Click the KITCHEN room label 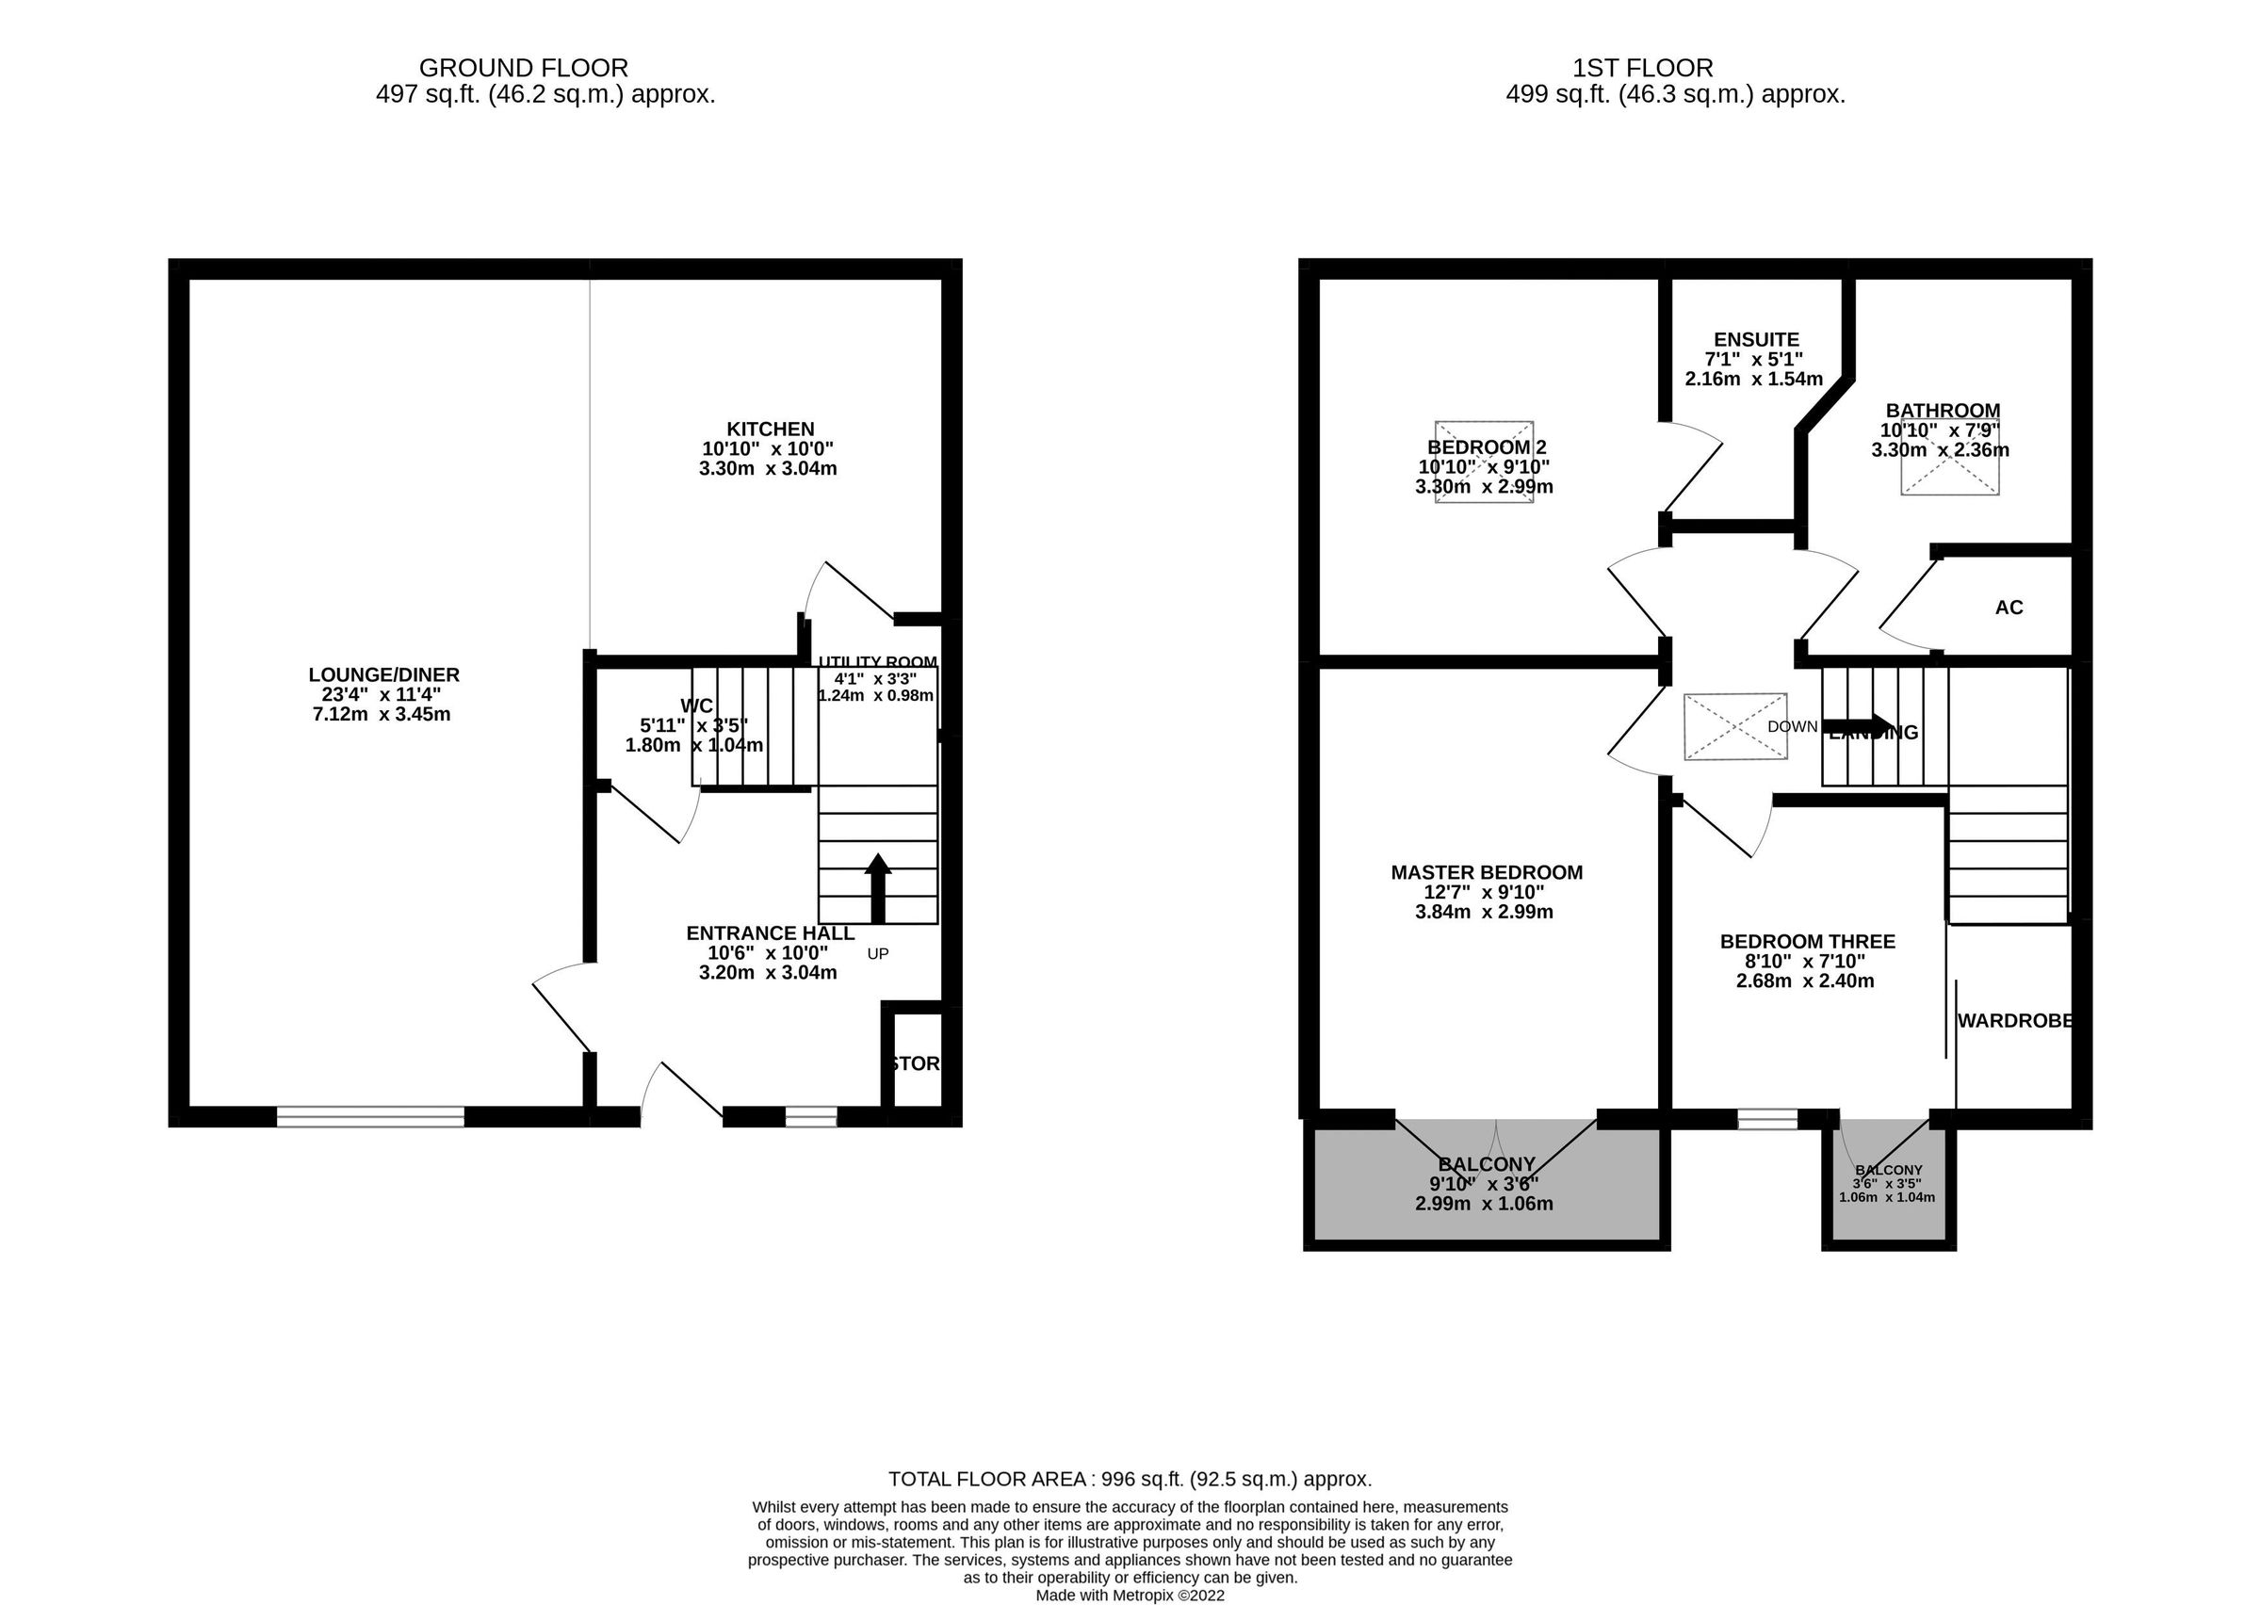[770, 429]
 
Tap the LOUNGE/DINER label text [383, 675]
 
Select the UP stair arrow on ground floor [877, 886]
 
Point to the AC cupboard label [2008, 608]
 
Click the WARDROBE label [2014, 1021]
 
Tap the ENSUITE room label [1756, 340]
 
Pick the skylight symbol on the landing [1735, 726]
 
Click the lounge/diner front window [370, 1117]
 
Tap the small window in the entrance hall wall [810, 1117]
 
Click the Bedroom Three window [1767, 1119]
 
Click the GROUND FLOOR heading [523, 68]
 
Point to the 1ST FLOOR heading [1642, 68]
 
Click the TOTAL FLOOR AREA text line [1130, 1480]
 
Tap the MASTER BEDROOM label [1487, 872]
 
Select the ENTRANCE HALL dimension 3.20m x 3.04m [768, 972]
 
